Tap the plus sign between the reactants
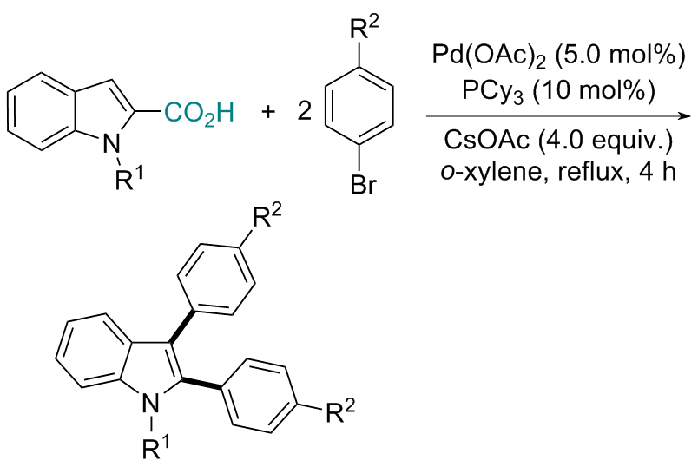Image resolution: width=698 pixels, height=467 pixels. pyautogui.click(x=268, y=114)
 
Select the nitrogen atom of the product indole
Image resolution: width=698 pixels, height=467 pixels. pyautogui.click(x=153, y=401)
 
